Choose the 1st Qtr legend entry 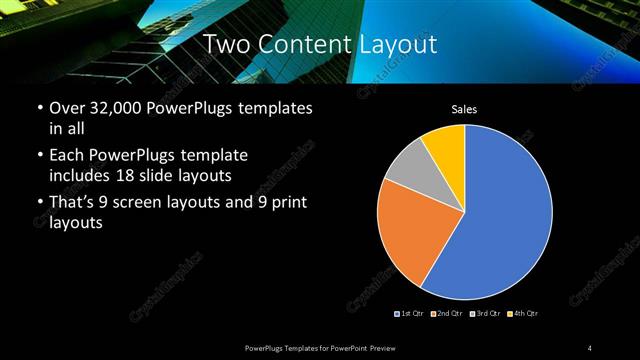[409, 314]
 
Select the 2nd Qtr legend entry [444, 314]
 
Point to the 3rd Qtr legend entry [484, 314]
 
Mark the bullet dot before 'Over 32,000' [38, 108]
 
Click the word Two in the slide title [225, 44]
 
